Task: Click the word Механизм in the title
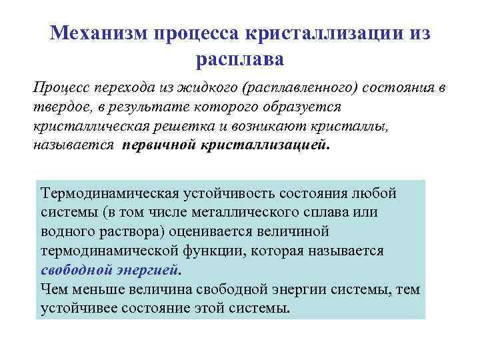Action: pos(99,33)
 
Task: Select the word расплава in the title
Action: pos(239,59)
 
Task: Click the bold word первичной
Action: pos(157,144)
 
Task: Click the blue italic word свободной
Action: pos(78,271)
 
